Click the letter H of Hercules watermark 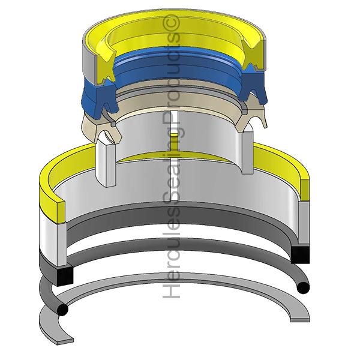(x=171, y=290)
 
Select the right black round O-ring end (x=303, y=287)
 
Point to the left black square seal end (x=65, y=276)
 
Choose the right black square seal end (x=300, y=254)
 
